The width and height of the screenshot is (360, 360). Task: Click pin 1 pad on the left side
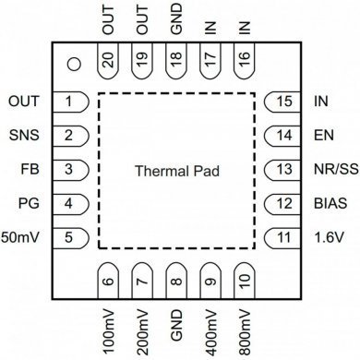point(70,101)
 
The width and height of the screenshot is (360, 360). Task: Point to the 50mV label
point(21,237)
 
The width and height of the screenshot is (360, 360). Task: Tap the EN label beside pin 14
point(323,136)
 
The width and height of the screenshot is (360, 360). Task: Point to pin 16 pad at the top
point(244,63)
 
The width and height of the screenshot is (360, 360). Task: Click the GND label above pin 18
point(175,24)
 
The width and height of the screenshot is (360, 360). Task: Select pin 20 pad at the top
point(108,63)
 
